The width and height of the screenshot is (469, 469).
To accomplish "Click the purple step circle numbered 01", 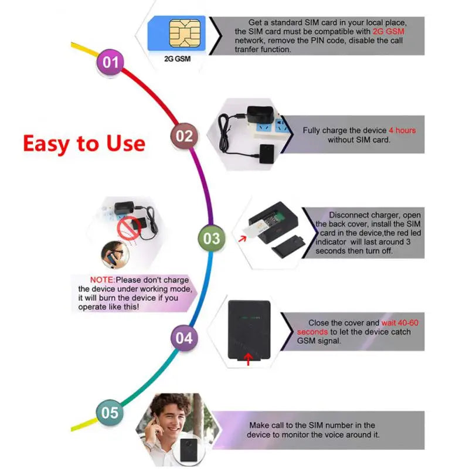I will tap(110, 62).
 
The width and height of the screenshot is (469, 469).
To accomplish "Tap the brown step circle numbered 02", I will tap(184, 136).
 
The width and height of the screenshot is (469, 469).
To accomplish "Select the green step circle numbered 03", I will tap(211, 238).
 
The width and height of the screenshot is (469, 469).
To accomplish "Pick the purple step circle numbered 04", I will tap(183, 338).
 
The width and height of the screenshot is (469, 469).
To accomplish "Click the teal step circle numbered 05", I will tap(110, 413).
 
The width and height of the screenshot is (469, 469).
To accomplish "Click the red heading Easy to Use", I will tap(84, 144).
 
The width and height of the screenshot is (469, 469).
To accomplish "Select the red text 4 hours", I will tap(402, 130).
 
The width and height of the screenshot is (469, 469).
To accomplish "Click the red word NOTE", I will tap(102, 280).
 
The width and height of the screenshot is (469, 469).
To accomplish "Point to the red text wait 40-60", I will tap(400, 323).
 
